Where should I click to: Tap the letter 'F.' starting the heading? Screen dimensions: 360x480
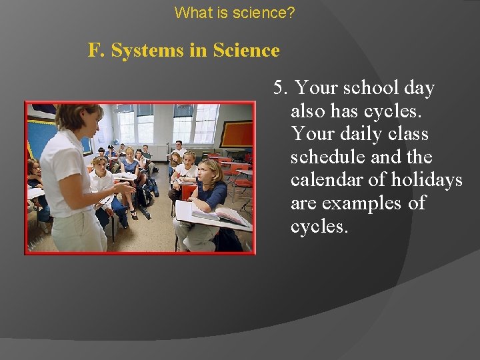pyautogui.click(x=97, y=51)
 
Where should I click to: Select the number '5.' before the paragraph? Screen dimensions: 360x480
pyautogui.click(x=280, y=88)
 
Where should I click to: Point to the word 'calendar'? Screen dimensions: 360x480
pyautogui.click(x=329, y=180)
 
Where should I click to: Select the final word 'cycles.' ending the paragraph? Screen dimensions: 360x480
pyautogui.click(x=319, y=227)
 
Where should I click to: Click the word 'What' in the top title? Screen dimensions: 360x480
pyautogui.click(x=189, y=12)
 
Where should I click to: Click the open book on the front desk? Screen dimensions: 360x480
pyautogui.click(x=223, y=215)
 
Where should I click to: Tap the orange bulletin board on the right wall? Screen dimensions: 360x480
pyautogui.click(x=236, y=134)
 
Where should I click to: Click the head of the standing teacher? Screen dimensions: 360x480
pyautogui.click(x=79, y=118)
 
